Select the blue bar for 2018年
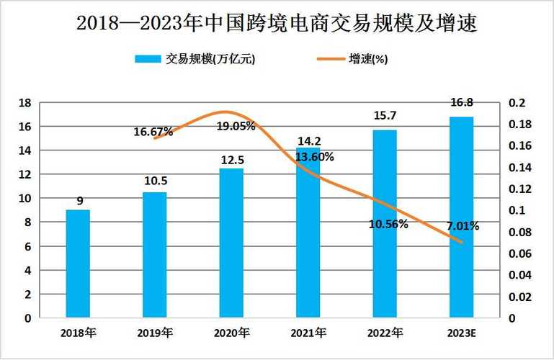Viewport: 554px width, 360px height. pos(78,263)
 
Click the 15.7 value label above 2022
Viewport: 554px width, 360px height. pos(385,115)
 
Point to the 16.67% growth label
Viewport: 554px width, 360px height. pos(153,132)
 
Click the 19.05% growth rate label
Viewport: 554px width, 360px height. pos(236,126)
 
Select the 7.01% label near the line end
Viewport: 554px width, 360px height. pos(463,226)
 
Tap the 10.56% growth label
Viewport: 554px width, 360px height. pos(388,224)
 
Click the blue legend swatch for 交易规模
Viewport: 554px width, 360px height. pos(148,59)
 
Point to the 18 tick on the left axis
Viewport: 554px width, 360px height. pos(24,103)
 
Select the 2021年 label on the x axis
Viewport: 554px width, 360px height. pos(308,332)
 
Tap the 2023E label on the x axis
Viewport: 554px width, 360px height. pos(462,332)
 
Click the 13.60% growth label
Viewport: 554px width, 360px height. pos(314,157)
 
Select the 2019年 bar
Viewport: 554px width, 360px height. pos(154,254)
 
